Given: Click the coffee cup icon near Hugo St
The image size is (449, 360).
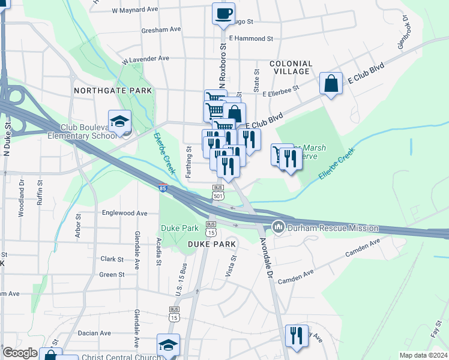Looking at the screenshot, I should point(223,13).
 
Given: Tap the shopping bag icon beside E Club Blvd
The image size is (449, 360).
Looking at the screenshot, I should point(331,83).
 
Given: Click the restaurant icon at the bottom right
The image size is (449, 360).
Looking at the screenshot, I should point(296,336).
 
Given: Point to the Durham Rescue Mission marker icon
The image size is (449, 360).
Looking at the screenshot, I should point(277,227).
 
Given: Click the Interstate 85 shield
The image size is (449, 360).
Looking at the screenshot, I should point(163,188).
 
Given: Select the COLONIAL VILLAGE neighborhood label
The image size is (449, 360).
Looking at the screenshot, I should point(291,67).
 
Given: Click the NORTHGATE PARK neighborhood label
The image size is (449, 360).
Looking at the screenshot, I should point(113,90).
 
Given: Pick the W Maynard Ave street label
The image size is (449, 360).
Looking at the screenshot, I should point(134,10).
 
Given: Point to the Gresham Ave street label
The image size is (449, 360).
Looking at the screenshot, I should point(161,29).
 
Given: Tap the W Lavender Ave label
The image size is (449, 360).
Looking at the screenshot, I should point(145,59).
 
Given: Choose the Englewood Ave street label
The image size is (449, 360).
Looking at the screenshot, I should point(125,213).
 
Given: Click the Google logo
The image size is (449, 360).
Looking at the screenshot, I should point(20,353).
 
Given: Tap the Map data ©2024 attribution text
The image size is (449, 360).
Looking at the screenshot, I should point(423,355).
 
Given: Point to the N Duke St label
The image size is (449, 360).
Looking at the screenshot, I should point(8,139).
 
